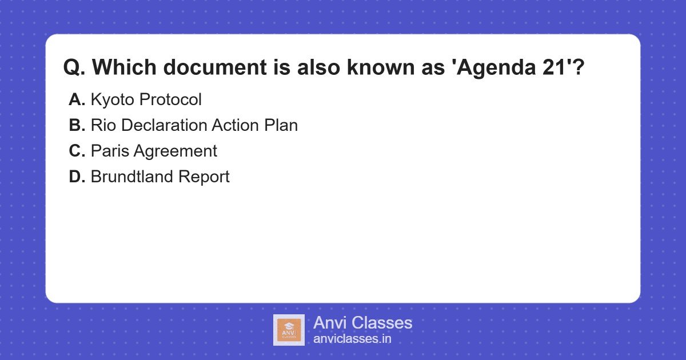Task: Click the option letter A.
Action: pyautogui.click(x=76, y=100)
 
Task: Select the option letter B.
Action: pyautogui.click(x=76, y=126)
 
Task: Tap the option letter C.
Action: pyautogui.click(x=76, y=151)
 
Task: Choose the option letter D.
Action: pyautogui.click(x=76, y=177)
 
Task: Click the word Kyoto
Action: pyautogui.click(x=113, y=100)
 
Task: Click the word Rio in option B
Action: pyautogui.click(x=102, y=126)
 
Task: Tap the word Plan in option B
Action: pyautogui.click(x=281, y=126)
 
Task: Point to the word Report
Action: pyautogui.click(x=204, y=177)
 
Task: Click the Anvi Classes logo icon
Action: pyautogui.click(x=289, y=330)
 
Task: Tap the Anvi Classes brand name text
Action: pyautogui.click(x=362, y=323)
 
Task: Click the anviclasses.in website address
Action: pyautogui.click(x=352, y=339)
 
